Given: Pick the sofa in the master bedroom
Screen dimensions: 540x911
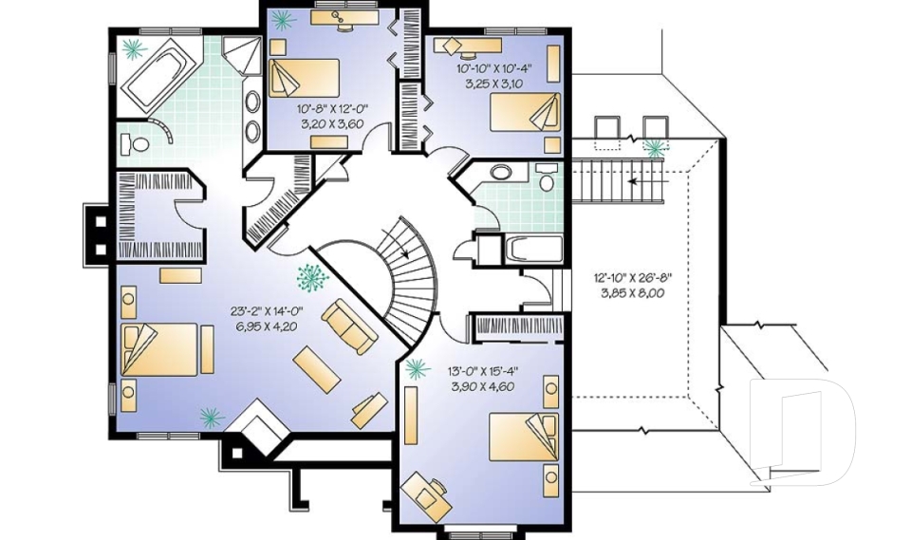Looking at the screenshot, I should tap(348, 325).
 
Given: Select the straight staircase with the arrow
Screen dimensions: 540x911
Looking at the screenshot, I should tap(617, 179).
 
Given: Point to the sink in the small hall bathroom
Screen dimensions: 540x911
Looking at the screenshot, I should tap(501, 173).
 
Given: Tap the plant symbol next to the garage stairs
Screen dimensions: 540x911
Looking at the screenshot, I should tap(654, 147).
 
